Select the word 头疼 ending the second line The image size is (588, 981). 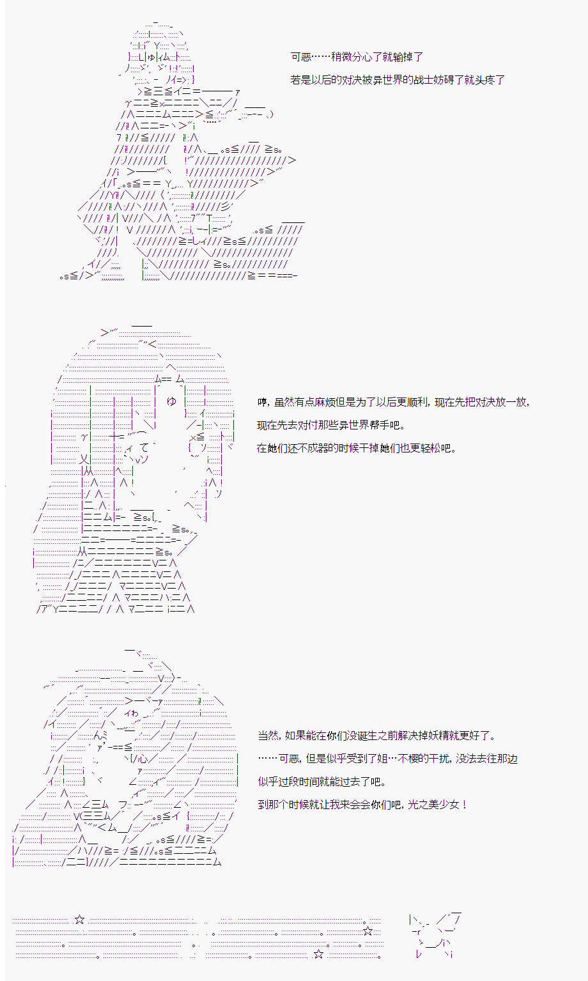(x=484, y=80)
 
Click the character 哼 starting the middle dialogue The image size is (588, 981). (x=262, y=402)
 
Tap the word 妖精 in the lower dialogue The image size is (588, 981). (x=447, y=736)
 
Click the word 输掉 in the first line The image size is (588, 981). (x=403, y=57)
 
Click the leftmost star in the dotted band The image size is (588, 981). (x=79, y=920)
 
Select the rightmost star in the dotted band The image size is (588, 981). (x=367, y=931)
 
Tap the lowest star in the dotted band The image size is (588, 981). (x=318, y=954)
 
